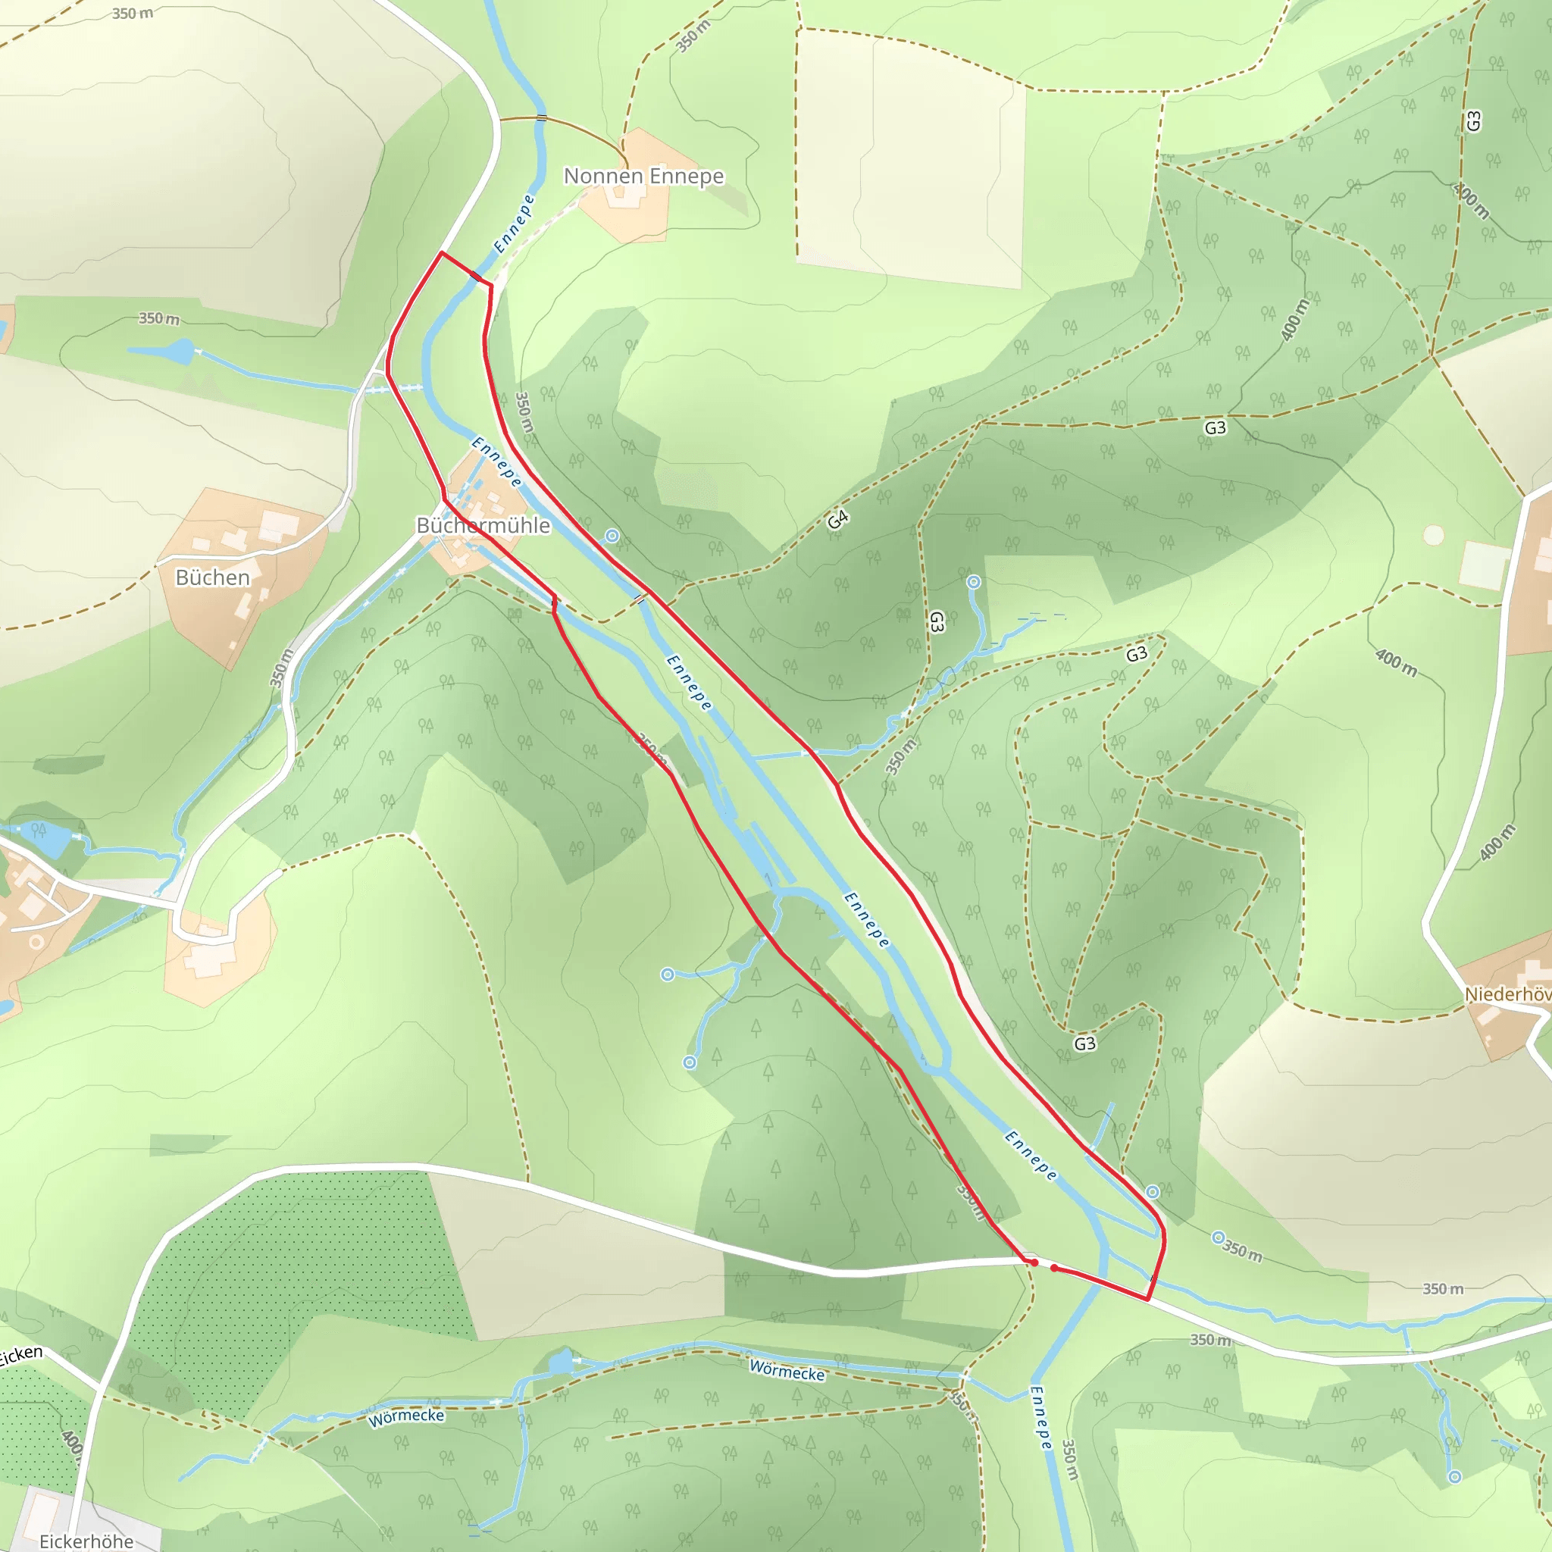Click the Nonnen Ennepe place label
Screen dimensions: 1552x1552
643,176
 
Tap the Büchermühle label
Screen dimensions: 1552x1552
483,525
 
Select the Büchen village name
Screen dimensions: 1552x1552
212,577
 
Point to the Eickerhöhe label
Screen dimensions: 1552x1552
86,1541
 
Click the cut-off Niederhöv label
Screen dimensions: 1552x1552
1507,994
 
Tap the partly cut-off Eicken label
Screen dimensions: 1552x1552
20,1356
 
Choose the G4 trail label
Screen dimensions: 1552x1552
838,520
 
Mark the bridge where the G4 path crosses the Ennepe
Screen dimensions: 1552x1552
640,599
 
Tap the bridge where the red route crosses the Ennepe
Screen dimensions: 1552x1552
477,277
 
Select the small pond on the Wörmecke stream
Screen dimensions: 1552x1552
561,1362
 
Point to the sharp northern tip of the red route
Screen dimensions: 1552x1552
441,253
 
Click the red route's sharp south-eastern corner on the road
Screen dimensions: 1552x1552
1147,1299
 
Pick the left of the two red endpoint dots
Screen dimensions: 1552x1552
1034,1263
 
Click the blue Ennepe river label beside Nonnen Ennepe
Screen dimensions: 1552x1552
514,224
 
